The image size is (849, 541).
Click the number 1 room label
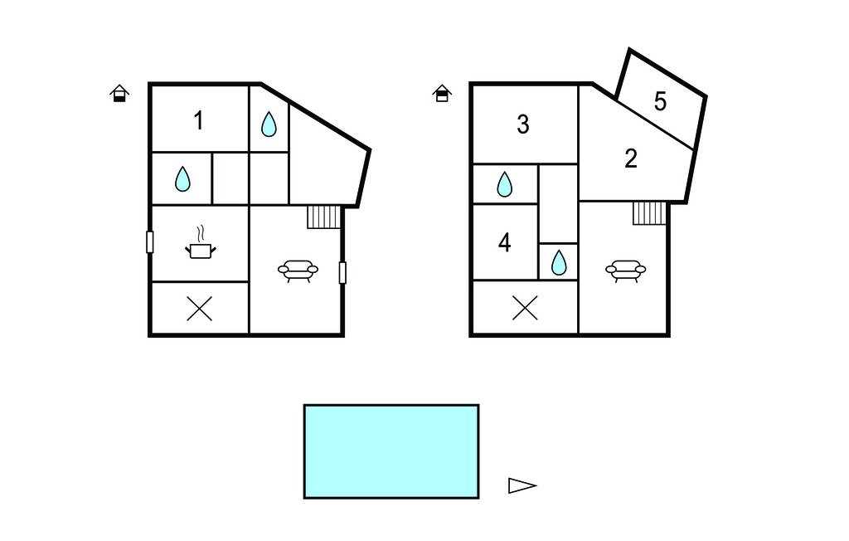(199, 120)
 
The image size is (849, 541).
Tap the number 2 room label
(631, 158)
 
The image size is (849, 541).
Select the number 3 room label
(522, 124)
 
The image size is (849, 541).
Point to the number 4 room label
(504, 242)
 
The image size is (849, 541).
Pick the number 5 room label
(660, 101)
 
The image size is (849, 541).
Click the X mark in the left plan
(199, 309)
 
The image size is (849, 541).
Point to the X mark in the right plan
(525, 308)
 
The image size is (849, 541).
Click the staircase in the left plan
(324, 217)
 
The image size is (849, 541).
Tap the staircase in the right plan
(649, 212)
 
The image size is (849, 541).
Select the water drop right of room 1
(269, 124)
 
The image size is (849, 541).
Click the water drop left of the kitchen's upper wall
(182, 179)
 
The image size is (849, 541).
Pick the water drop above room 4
(504, 184)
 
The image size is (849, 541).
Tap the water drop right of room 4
(558, 262)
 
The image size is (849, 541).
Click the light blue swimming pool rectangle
(391, 451)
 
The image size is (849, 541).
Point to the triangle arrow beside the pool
(522, 485)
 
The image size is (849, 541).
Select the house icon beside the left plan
(119, 93)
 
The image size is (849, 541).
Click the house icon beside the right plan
(442, 93)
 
